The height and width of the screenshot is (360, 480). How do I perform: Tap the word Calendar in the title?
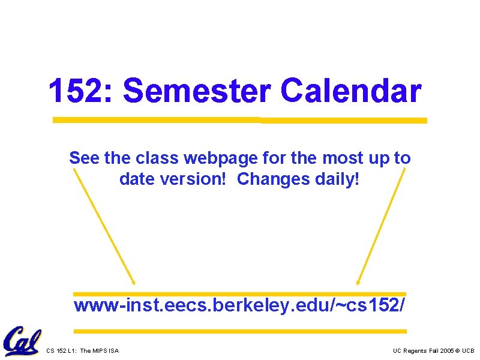350,91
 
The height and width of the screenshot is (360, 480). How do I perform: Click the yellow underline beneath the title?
240,120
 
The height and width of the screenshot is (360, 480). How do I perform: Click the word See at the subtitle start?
84,158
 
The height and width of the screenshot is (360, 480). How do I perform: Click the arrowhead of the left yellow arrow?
133,282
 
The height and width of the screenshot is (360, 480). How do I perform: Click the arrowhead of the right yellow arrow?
358,282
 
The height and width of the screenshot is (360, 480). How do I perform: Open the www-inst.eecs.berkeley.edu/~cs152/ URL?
239,306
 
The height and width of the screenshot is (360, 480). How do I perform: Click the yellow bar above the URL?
239,294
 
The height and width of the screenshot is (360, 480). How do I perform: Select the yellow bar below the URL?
239,331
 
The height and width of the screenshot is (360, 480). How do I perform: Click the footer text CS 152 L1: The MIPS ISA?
82,350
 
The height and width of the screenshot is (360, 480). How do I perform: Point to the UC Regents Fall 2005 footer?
433,350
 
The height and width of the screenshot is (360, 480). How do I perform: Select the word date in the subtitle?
137,179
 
